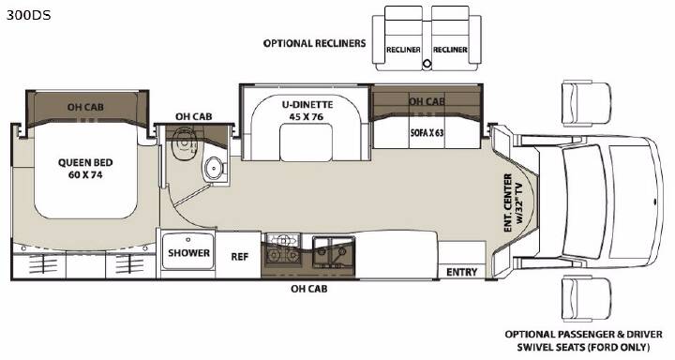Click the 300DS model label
28,15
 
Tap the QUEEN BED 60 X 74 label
85,169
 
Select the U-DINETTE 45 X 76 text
307,111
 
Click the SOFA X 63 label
427,132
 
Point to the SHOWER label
188,253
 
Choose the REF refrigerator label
240,257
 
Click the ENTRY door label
462,272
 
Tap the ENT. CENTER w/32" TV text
513,202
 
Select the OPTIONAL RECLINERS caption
314,43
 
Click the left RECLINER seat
403,38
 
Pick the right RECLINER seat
450,38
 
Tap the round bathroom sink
214,167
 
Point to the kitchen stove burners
283,248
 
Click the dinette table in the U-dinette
306,142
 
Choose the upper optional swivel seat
587,105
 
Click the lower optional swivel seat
587,299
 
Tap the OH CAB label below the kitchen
308,289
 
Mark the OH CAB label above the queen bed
85,107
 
